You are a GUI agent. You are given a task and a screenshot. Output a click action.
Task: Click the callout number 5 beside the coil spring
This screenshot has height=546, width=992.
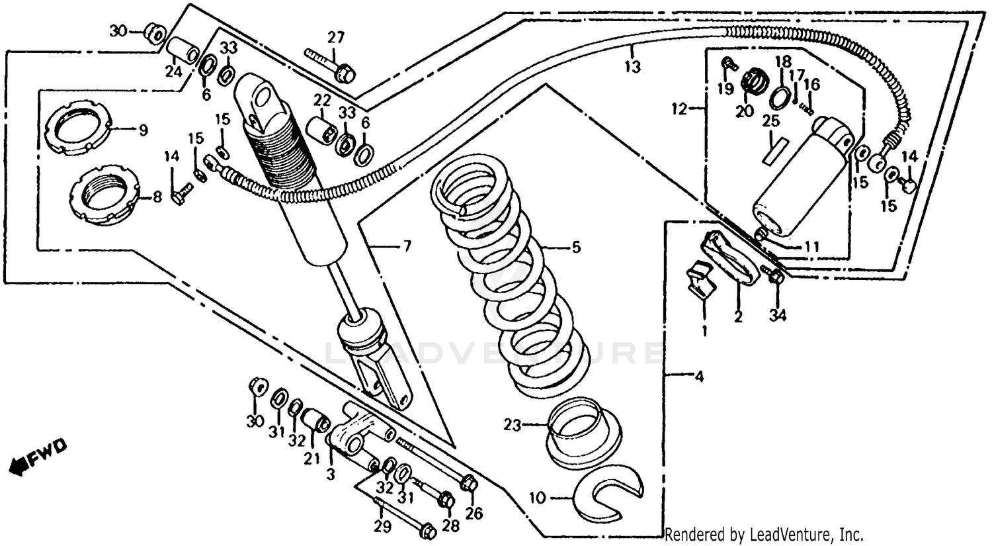coord(575,248)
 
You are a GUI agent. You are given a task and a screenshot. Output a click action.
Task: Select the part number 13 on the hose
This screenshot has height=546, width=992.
coord(633,67)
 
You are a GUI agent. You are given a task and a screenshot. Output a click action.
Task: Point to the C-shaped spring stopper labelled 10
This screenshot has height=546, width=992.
coord(608,494)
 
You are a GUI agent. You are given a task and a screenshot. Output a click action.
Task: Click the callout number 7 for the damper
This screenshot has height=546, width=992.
coord(406,247)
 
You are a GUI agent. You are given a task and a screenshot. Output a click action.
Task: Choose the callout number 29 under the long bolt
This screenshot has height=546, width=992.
coord(382,527)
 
